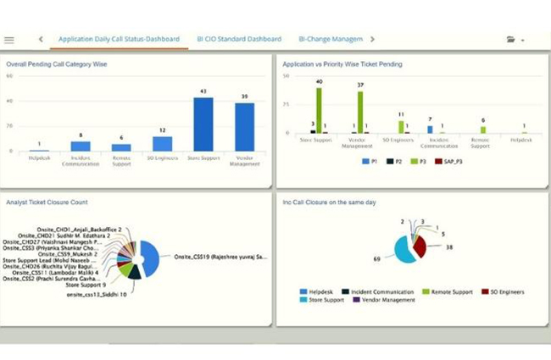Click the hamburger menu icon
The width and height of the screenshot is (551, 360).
click(x=9, y=40)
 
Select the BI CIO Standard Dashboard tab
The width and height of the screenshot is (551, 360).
click(x=239, y=39)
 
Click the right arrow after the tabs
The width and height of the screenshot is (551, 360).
click(x=373, y=39)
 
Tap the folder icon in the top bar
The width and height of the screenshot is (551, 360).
click(x=511, y=40)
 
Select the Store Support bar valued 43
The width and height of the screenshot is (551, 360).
click(x=203, y=125)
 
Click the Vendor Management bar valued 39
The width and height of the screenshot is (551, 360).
click(x=244, y=127)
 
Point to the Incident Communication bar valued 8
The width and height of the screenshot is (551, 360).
click(x=81, y=147)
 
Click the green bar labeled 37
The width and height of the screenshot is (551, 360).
click(x=359, y=113)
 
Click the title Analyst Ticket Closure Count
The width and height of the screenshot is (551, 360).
click(x=47, y=202)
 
